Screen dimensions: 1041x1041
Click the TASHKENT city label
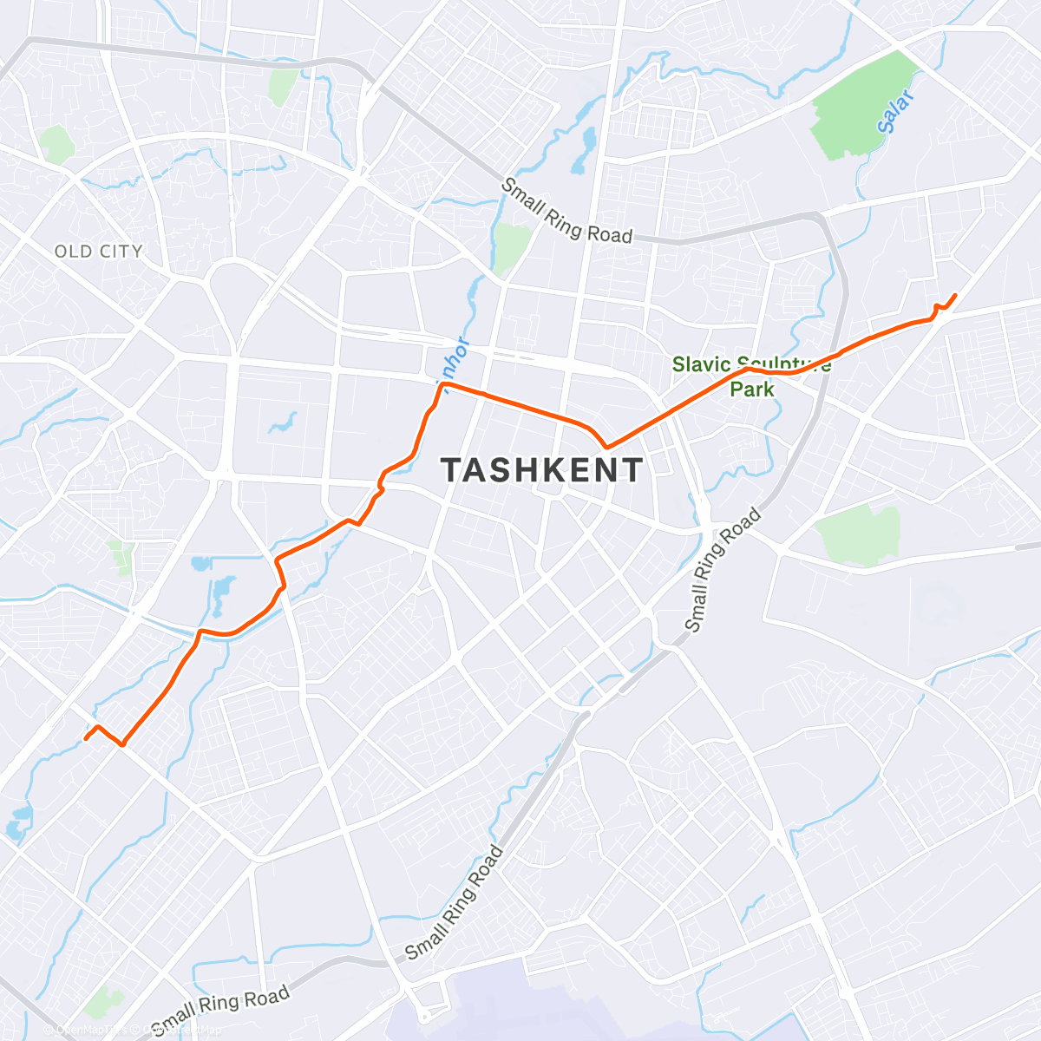(542, 470)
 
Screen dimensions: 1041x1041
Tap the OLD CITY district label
(98, 252)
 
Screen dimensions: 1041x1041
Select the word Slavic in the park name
(701, 364)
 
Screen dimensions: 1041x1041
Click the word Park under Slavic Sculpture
(751, 390)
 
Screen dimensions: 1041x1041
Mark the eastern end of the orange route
(955, 295)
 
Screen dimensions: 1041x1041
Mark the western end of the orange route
(85, 739)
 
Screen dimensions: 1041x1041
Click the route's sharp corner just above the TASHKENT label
(607, 448)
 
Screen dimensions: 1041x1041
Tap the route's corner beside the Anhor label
(442, 383)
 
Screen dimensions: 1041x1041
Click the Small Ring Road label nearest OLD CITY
(567, 210)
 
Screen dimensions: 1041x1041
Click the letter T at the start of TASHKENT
(452, 470)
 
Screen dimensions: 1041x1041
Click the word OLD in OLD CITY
(72, 252)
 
